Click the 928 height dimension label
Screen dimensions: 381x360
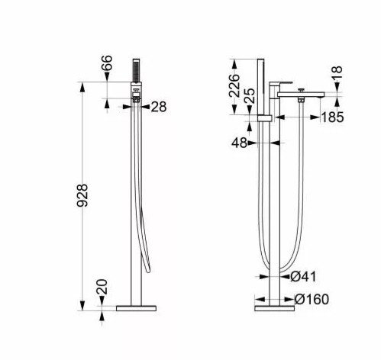tap(82, 195)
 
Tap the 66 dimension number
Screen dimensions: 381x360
tap(107, 63)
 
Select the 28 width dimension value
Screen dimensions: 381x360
tap(159, 107)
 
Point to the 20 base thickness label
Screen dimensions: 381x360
tap(102, 287)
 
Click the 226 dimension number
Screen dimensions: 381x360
tap(234, 85)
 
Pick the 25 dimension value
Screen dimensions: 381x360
tap(250, 95)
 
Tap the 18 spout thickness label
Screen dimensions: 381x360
tap(337, 73)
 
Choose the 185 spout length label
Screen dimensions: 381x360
tap(332, 117)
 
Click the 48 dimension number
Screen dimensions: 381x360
tap(239, 143)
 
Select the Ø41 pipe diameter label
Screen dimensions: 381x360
tap(303, 277)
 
